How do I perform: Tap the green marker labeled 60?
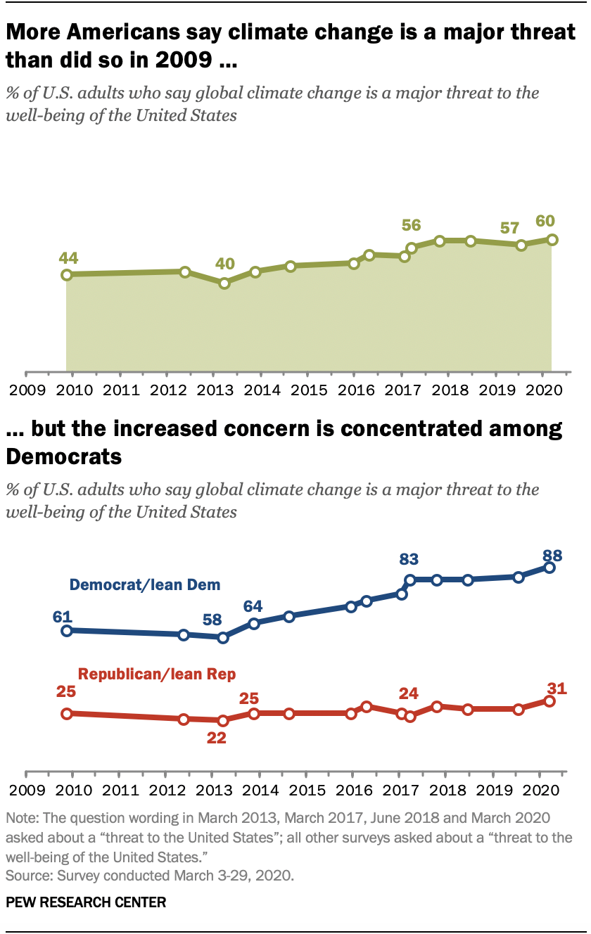point(552,240)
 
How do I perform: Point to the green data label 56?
point(411,225)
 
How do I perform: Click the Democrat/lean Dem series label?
point(144,584)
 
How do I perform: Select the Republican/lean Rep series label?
point(156,674)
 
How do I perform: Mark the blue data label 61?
point(63,616)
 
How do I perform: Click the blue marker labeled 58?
point(223,638)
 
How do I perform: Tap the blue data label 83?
point(409,560)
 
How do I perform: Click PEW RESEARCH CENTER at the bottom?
point(86,902)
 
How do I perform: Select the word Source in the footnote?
point(25,876)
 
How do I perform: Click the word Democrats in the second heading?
point(63,458)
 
